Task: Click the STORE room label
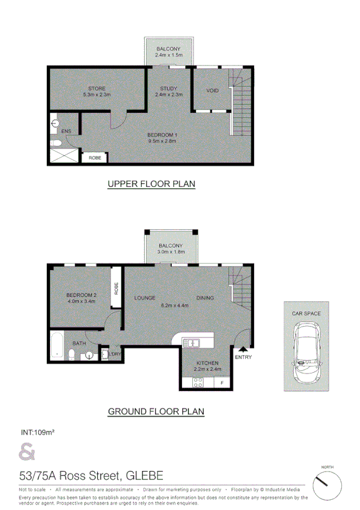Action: tap(96, 89)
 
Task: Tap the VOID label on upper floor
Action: tap(212, 91)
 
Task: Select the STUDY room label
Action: tap(168, 89)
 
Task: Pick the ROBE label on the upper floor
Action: tap(95, 158)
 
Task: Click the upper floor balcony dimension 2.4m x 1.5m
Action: tap(168, 55)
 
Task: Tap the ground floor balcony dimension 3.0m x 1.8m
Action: tap(171, 253)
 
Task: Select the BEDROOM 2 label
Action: tap(81, 295)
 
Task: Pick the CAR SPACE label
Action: tap(306, 313)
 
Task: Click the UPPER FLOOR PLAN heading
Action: tap(151, 184)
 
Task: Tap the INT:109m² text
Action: tap(38, 432)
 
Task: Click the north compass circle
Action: tap(327, 484)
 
